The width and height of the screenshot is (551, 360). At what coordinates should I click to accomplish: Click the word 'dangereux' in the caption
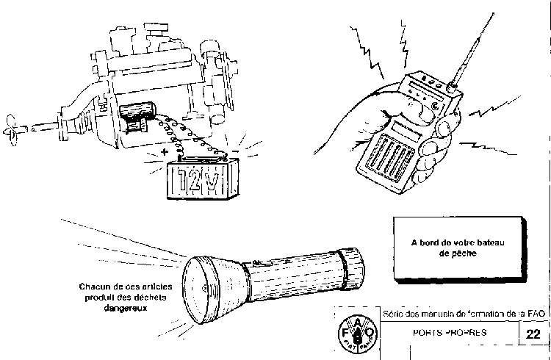[x=122, y=309]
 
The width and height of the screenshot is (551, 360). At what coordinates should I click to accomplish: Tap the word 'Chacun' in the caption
[x=93, y=287]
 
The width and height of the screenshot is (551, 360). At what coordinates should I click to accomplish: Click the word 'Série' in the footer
[x=392, y=314]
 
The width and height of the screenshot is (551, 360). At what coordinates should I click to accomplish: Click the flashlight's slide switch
[x=257, y=263]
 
